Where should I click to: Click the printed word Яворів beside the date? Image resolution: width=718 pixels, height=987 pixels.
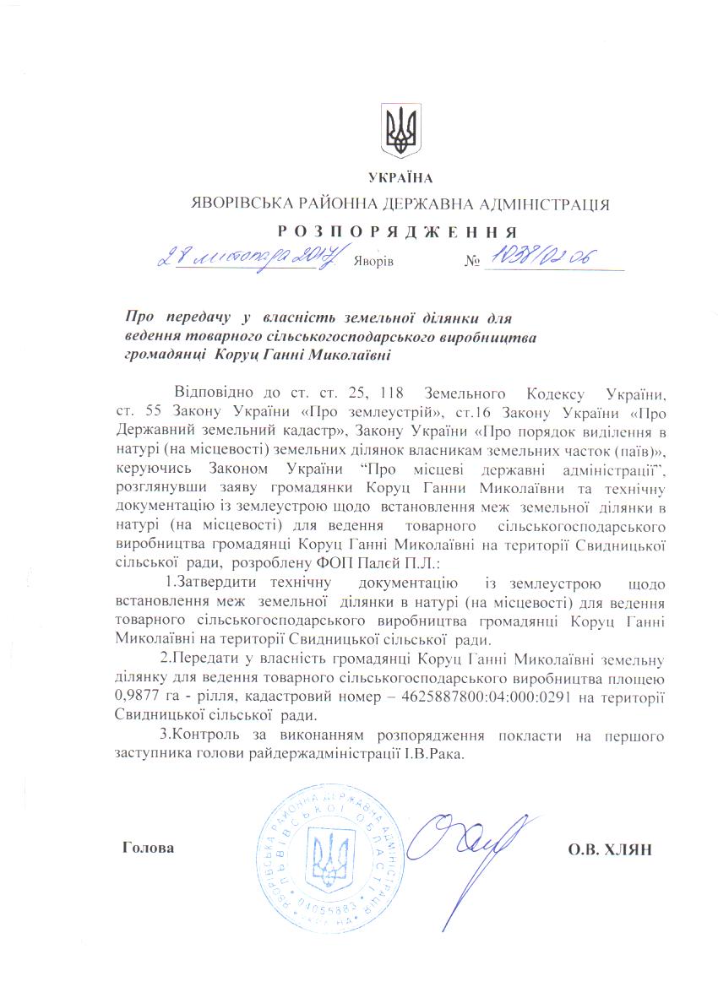[374, 262]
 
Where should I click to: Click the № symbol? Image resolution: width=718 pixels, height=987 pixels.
[471, 262]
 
